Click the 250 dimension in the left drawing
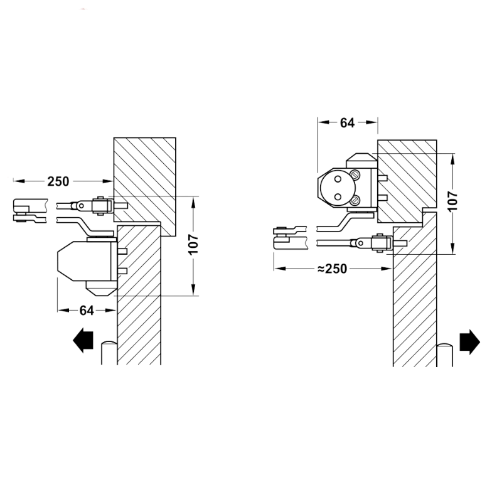tap(58, 181)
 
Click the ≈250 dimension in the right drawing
tap(332, 269)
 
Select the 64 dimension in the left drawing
tap(87, 311)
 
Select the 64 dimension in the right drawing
tap(348, 123)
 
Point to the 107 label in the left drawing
tap(194, 244)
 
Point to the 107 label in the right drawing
tap(453, 201)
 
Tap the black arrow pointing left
tap(83, 340)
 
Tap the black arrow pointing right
tap(469, 342)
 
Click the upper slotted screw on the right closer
tap(355, 175)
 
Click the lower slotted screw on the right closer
tap(355, 201)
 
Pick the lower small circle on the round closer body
tap(338, 196)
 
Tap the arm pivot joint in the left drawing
tap(82, 206)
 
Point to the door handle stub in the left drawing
tap(109, 353)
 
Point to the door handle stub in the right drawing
tap(445, 355)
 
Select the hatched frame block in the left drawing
tap(145, 187)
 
